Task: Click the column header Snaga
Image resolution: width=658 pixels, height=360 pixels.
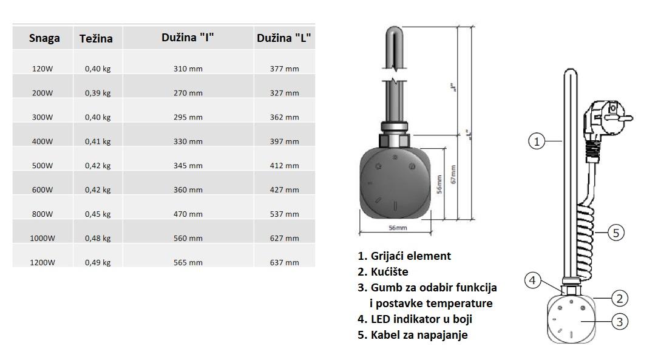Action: (44, 38)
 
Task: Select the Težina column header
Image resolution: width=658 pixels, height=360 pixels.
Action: (96, 39)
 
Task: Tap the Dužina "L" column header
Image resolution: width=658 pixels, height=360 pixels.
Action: (284, 38)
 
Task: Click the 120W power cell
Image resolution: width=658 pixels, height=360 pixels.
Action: (42, 69)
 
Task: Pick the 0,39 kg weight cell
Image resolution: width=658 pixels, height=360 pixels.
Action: (98, 93)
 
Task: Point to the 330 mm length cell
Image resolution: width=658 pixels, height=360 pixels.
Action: (188, 141)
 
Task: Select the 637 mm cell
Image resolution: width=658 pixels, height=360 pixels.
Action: (285, 263)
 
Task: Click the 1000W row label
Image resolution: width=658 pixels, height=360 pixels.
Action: (42, 239)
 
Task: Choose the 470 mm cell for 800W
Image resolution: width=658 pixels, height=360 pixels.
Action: (188, 214)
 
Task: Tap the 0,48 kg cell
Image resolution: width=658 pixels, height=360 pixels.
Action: (98, 239)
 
